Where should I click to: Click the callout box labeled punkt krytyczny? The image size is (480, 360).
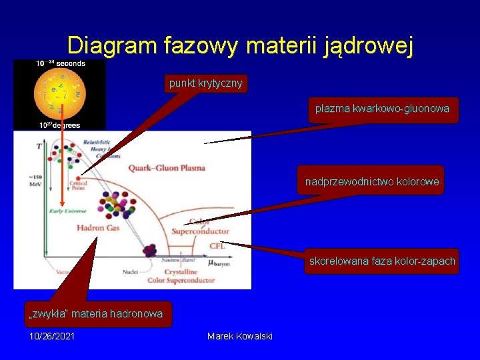pos(206,83)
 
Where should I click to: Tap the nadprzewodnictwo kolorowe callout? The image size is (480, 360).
pos(371,181)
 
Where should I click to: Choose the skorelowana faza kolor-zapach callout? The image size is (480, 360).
pos(382,261)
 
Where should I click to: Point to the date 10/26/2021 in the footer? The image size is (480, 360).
pos(52,336)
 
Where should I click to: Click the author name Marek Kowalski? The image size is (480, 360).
pos(240,336)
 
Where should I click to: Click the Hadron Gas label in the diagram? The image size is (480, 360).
pos(99,228)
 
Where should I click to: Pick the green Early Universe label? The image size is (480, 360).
pos(67,211)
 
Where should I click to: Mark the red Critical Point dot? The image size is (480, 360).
pos(79,177)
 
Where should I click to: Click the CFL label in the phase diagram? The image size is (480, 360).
pos(217,246)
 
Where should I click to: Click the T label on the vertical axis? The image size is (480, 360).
pos(38,145)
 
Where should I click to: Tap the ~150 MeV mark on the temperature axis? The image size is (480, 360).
pos(35,180)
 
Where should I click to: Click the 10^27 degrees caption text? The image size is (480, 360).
pos(59,125)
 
